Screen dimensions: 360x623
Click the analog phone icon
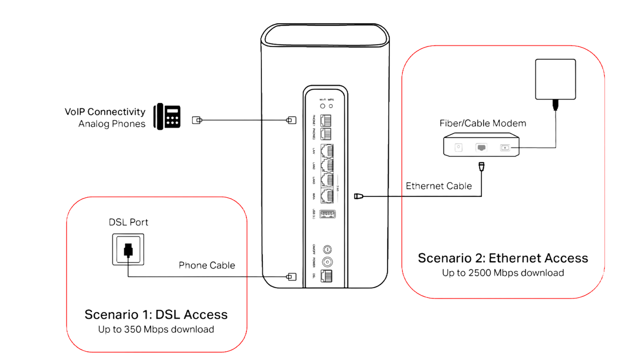point(167,116)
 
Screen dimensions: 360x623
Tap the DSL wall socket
point(128,249)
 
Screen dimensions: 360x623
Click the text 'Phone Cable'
point(207,265)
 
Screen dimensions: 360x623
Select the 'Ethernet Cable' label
point(439,186)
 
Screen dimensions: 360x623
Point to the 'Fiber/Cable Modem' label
point(482,123)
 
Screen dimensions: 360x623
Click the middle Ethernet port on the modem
point(481,148)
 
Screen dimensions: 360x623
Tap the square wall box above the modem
point(556,79)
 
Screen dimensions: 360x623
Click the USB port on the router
point(327,214)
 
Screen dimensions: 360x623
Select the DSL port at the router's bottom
point(327,276)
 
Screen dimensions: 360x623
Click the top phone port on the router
point(327,120)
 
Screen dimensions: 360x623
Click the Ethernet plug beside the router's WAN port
point(358,196)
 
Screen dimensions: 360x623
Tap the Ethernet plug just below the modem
point(481,165)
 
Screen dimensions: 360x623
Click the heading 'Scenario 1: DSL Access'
point(156,314)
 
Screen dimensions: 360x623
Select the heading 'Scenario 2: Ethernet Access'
point(503,258)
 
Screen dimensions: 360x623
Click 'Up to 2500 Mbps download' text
point(503,273)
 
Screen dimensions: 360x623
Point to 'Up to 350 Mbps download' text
point(156,329)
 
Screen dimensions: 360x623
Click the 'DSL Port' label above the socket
point(128,222)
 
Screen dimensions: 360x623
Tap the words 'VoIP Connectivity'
point(105,111)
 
